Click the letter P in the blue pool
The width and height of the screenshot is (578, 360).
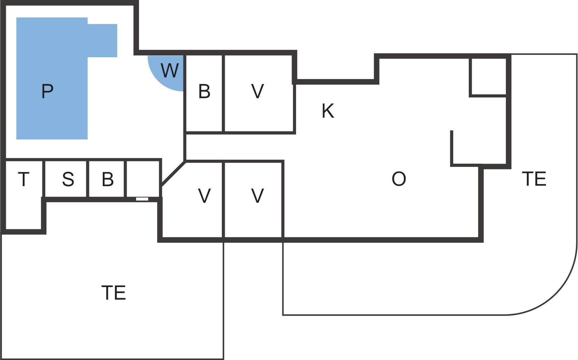47,91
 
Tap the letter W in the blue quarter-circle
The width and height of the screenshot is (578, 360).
170,70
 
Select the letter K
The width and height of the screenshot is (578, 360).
328,111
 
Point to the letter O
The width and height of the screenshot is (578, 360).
399,179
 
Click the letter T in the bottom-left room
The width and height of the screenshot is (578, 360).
24,179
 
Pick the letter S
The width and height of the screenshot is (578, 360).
68,179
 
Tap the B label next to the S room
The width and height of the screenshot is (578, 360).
108,179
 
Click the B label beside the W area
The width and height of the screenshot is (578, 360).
204,91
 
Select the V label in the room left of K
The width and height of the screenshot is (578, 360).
257,91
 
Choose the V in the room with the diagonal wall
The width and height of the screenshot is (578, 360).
204,195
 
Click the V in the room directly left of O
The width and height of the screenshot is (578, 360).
257,195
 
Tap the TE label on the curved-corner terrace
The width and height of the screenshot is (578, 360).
534,179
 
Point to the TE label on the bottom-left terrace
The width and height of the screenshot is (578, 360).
114,293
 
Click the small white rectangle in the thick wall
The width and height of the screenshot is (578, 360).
142,199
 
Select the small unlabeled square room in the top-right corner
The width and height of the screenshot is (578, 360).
488,76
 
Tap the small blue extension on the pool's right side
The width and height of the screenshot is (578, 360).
102,41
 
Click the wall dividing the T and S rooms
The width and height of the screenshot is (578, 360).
43,179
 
